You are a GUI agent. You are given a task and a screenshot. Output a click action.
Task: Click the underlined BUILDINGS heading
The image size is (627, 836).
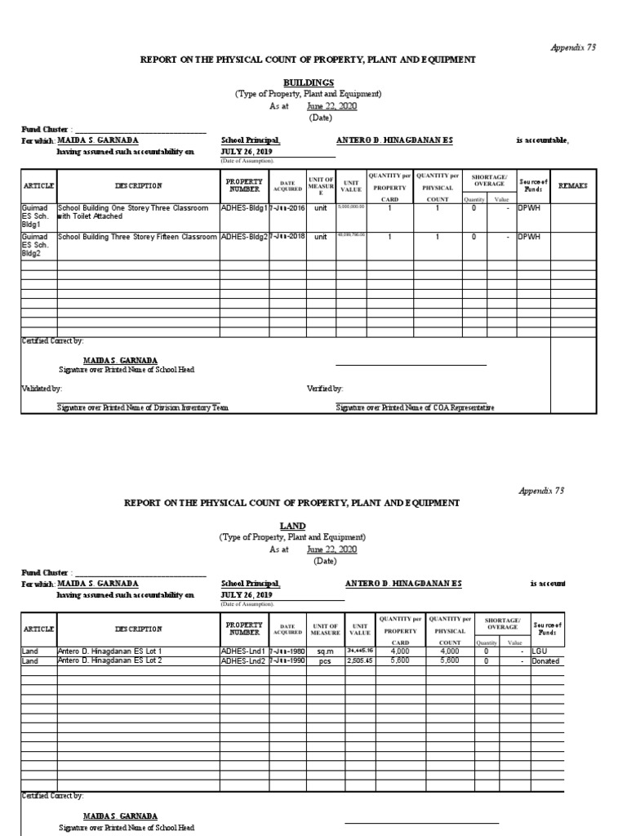click(309, 82)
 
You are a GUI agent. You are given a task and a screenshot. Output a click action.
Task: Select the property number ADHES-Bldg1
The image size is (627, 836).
click(244, 208)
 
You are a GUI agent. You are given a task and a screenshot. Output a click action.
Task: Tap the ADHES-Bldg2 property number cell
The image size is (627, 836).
click(244, 237)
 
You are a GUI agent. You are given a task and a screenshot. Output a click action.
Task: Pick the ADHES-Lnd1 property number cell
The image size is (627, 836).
click(244, 651)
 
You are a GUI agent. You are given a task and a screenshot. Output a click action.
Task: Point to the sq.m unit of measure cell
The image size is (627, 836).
click(325, 651)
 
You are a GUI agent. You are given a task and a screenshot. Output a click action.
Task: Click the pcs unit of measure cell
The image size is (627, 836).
click(325, 660)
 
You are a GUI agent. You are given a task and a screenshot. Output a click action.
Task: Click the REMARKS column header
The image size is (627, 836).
click(573, 186)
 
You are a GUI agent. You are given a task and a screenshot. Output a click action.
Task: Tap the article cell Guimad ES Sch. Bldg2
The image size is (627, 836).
click(38, 244)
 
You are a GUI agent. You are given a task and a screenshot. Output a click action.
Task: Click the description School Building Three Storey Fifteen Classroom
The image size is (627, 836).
click(137, 237)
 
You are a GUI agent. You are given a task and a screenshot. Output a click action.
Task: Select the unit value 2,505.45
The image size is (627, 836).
click(359, 660)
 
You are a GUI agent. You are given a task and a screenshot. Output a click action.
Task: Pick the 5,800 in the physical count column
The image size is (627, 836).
click(449, 660)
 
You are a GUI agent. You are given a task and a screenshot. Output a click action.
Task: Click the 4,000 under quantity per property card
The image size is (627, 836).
click(400, 651)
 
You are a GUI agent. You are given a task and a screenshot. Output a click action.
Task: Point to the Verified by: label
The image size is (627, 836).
click(325, 389)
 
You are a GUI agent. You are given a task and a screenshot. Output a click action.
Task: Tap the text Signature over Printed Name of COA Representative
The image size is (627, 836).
click(415, 407)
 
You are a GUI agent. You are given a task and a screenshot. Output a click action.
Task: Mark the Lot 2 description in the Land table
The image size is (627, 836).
click(109, 660)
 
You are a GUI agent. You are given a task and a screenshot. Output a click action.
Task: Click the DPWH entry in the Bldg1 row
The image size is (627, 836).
click(530, 208)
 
